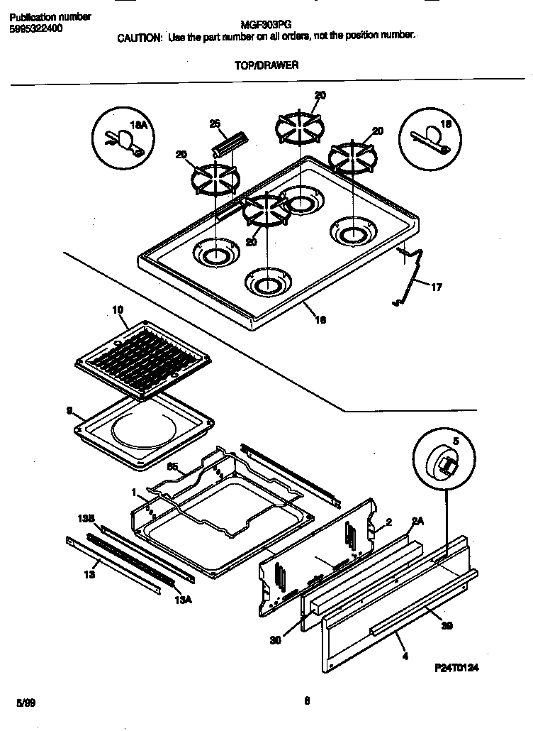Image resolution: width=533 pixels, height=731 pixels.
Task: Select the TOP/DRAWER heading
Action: click(x=266, y=65)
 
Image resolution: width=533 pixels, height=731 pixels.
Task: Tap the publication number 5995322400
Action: click(x=35, y=28)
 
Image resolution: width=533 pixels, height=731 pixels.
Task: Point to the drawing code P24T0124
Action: click(x=461, y=669)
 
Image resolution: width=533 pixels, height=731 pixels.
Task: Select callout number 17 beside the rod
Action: click(x=436, y=287)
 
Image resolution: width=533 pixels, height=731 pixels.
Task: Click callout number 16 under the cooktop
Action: click(x=320, y=320)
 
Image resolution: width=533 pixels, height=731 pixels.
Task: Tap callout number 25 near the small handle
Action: click(x=215, y=123)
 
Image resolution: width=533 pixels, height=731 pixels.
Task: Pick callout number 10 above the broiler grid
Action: click(x=118, y=309)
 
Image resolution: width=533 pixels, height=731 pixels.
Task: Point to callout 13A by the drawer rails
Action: click(x=182, y=598)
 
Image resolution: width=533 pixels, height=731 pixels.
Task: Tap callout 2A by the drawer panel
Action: click(x=418, y=522)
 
